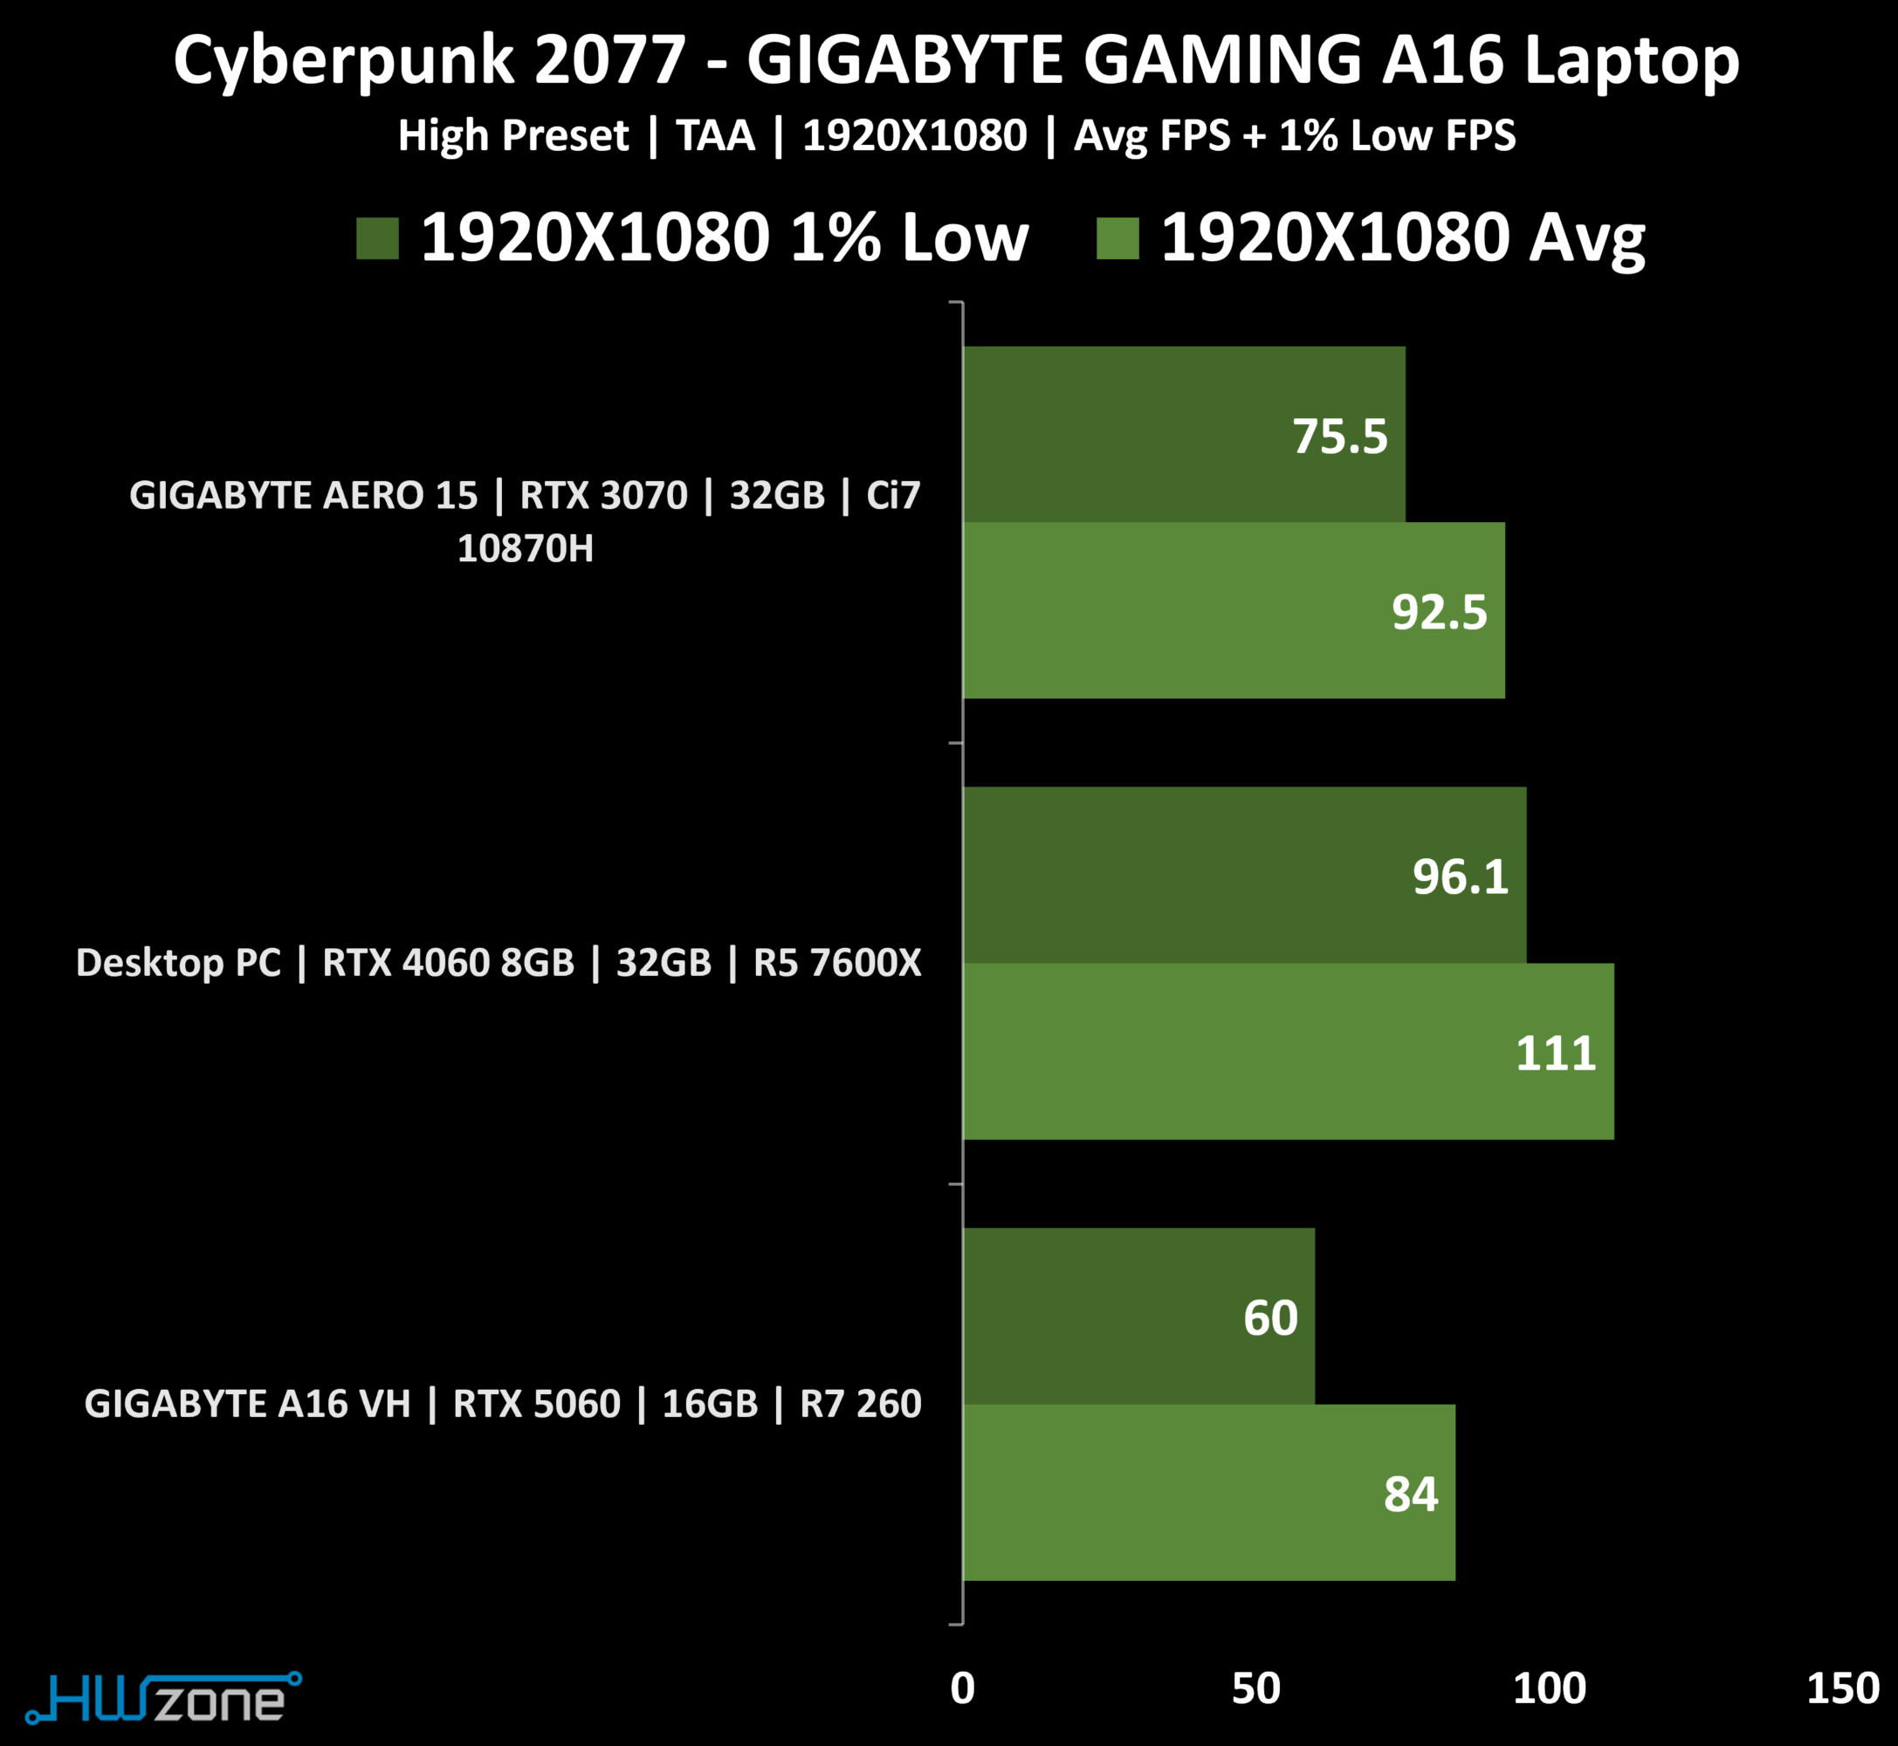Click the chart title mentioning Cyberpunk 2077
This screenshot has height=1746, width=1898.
point(955,60)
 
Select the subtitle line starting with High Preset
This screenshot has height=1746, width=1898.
point(956,136)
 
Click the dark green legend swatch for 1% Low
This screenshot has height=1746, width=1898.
point(377,238)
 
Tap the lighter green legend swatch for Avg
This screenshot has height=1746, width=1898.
point(1117,238)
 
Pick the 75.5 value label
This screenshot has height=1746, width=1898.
point(1339,436)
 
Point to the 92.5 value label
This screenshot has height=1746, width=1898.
point(1439,612)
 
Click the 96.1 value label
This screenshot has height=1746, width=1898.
point(1460,876)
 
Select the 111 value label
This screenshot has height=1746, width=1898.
point(1555,1053)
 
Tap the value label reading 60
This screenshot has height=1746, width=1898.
point(1269,1317)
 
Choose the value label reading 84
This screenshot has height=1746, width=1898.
point(1411,1494)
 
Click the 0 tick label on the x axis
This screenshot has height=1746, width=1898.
point(962,1688)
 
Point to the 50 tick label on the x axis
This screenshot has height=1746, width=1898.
point(1255,1688)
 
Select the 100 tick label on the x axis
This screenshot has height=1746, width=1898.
point(1550,1688)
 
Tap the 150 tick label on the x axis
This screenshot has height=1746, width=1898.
point(1843,1688)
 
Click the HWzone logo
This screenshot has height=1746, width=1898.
point(162,1698)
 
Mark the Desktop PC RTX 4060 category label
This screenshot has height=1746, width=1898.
point(498,963)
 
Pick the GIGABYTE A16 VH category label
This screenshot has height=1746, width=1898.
point(503,1404)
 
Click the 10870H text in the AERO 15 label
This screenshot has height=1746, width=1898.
point(526,549)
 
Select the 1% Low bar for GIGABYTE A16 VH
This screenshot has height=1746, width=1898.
point(1138,1316)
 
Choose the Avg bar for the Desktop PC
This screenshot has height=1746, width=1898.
point(1288,1052)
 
